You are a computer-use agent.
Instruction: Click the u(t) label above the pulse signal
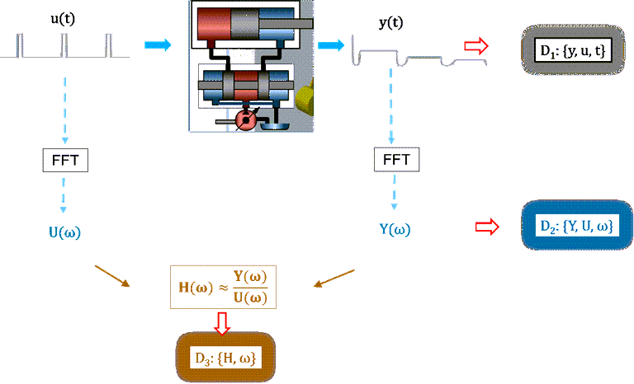pos(63,19)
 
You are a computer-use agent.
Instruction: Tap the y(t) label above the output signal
pos(391,22)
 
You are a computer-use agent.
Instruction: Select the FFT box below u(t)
pos(65,161)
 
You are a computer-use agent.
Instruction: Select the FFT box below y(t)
pos(396,160)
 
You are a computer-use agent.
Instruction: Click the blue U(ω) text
pos(64,232)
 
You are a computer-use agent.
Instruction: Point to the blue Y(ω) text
pos(395,229)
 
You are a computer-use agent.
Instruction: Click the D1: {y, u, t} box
pos(573,50)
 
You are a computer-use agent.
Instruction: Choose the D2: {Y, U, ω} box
pos(577,225)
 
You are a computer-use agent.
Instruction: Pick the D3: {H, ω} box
pos(225,358)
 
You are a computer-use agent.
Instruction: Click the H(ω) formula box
pos(223,287)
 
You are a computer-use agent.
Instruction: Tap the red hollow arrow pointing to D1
pos(476,46)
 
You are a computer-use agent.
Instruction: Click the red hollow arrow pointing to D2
pos(487,227)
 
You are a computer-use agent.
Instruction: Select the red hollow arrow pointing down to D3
pos(222,323)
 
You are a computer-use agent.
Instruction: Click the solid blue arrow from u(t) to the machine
pos(158,44)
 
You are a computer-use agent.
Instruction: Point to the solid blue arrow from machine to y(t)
pos(331,44)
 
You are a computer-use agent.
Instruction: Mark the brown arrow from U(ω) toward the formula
pos(112,276)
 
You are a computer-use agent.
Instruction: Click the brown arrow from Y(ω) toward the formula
pos(334,279)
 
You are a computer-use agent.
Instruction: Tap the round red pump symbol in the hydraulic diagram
pos(245,119)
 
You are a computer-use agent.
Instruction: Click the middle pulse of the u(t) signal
pos(64,45)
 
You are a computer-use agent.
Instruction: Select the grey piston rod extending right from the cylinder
pos(286,24)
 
